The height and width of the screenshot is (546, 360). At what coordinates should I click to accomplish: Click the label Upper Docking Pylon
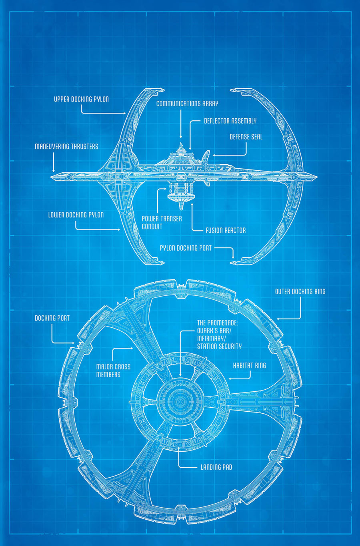pos(81,99)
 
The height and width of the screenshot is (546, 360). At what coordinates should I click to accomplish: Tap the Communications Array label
pos(187,104)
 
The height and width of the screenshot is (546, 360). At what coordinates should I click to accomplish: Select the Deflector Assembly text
pos(230,121)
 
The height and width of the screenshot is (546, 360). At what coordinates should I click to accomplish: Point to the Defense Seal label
pos(246,137)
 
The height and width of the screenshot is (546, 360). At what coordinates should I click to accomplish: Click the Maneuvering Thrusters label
pos(66,147)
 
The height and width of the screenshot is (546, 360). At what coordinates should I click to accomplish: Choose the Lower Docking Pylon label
pos(76,215)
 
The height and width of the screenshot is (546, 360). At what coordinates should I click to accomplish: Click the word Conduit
pos(152,227)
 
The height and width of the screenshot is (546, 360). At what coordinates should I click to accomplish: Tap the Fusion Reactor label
pos(226,230)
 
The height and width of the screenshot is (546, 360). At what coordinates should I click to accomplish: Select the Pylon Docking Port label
pos(186,248)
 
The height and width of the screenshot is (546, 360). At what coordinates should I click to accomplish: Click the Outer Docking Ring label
pos(300,292)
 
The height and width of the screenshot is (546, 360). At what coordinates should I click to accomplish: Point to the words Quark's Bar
pos(214,331)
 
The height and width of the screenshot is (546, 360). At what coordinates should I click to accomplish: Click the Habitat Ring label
pos(249,366)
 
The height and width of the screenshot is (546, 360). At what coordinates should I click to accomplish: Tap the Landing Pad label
pos(216,467)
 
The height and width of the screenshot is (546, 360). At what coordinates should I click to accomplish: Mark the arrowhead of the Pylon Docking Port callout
pos(233,257)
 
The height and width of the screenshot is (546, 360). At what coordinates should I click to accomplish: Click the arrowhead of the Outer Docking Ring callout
pos(278,319)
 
